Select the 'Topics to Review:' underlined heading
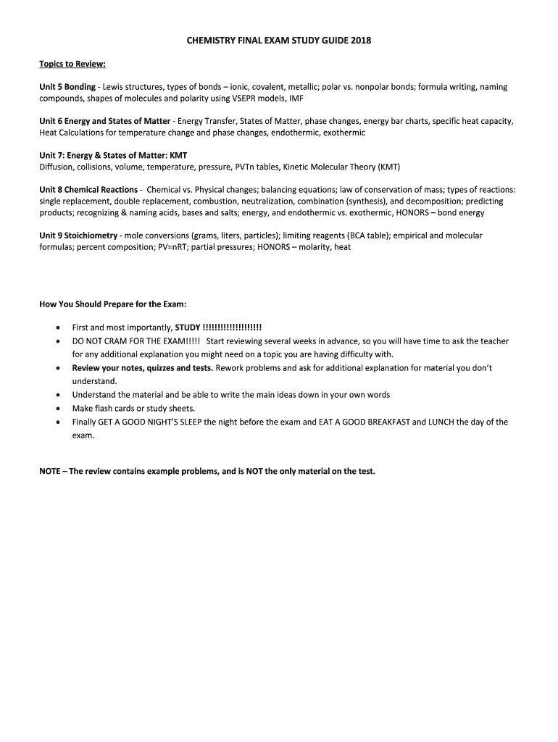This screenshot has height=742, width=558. [72, 63]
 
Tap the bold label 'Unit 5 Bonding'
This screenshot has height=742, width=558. [67, 87]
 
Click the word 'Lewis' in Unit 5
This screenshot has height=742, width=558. [113, 87]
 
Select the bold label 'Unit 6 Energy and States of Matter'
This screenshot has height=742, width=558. [104, 121]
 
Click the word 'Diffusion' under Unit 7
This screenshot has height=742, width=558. [57, 167]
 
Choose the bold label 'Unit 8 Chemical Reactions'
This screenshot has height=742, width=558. [88, 190]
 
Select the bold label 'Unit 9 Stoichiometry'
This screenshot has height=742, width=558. [78, 235]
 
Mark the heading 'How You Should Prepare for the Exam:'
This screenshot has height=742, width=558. [113, 304]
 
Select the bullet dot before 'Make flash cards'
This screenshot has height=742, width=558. [57, 409]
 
